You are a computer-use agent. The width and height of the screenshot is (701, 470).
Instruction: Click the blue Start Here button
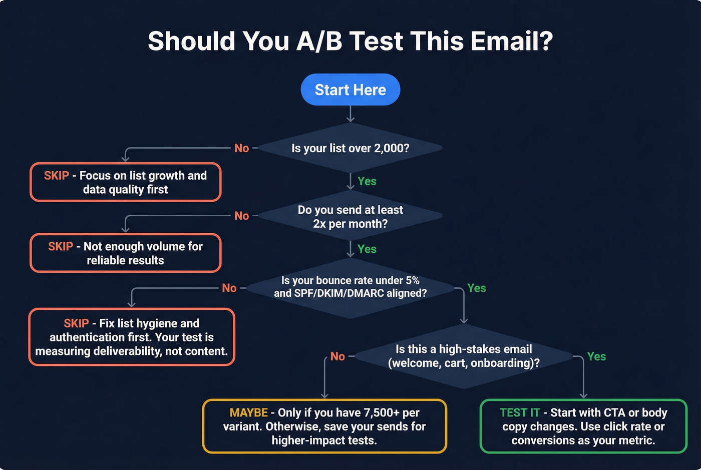350,90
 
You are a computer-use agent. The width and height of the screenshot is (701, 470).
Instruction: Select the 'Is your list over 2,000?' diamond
350,148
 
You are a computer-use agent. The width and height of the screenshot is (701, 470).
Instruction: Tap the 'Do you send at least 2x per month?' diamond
350,216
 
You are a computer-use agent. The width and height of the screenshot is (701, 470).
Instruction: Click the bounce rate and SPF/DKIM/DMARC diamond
350,287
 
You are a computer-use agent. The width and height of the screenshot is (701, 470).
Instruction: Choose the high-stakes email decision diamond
464,356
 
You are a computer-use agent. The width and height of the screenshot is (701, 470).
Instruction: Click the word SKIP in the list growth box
56,176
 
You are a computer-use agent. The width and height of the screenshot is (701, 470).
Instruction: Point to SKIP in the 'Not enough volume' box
60,247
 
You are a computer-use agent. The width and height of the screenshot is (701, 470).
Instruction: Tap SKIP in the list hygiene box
76,323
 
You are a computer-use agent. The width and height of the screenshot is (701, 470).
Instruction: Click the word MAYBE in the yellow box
248,413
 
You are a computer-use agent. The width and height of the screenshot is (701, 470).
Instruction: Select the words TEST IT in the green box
519,413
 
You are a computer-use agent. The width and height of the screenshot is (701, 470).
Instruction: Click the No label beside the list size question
241,148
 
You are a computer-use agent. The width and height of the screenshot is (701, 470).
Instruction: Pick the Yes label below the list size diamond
367,181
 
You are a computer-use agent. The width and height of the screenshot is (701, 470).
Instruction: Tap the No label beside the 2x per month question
241,216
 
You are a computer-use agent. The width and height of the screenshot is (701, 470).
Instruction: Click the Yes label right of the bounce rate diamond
476,288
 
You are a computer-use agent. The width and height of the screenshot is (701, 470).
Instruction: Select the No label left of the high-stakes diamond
337,356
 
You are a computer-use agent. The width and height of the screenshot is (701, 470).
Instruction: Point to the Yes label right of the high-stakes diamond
596,356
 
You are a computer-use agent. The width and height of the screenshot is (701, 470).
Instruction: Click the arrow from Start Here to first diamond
350,114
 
